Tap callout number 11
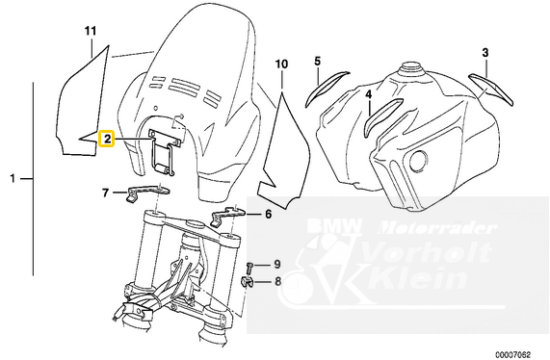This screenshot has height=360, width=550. [91, 31]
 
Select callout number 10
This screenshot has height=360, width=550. [281, 64]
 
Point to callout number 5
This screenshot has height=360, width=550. [317, 62]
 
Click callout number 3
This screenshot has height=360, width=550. [485, 53]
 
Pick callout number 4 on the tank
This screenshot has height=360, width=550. [368, 94]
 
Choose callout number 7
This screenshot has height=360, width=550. [105, 193]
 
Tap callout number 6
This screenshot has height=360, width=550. [268, 214]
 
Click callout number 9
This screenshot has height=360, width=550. [277, 264]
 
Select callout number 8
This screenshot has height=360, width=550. [277, 281]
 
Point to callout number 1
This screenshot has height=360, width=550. [13, 179]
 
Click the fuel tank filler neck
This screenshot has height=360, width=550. [413, 68]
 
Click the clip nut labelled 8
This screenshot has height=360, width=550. [247, 282]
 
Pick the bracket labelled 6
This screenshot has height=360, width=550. [227, 214]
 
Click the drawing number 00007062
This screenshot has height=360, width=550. [513, 353]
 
